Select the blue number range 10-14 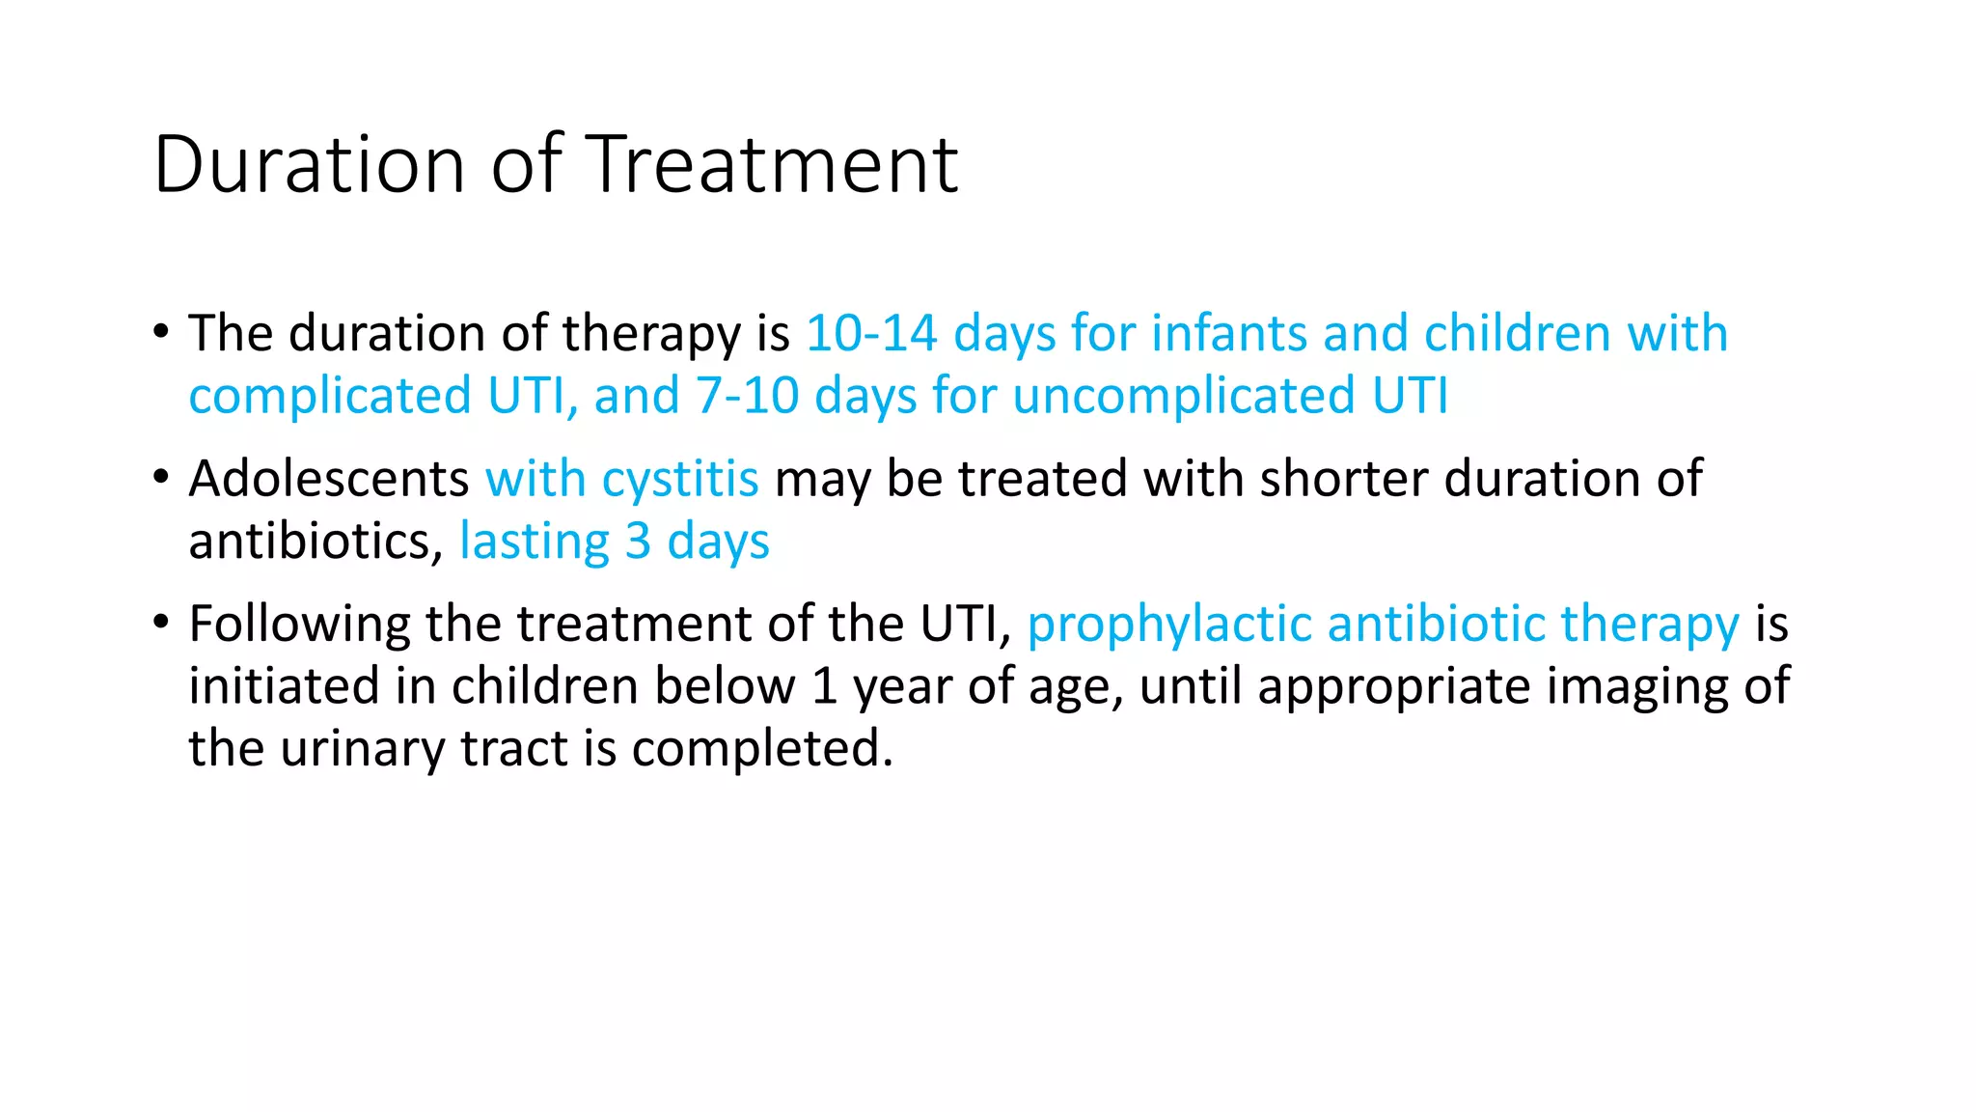pyautogui.click(x=871, y=333)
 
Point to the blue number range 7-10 pyautogui.click(x=747, y=396)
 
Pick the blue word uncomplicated pyautogui.click(x=1184, y=396)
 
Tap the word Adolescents pyautogui.click(x=329, y=479)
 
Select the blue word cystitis pyautogui.click(x=680, y=479)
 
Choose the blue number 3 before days pyautogui.click(x=638, y=541)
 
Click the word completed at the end pyautogui.click(x=762, y=748)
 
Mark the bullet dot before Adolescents pyautogui.click(x=161, y=478)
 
